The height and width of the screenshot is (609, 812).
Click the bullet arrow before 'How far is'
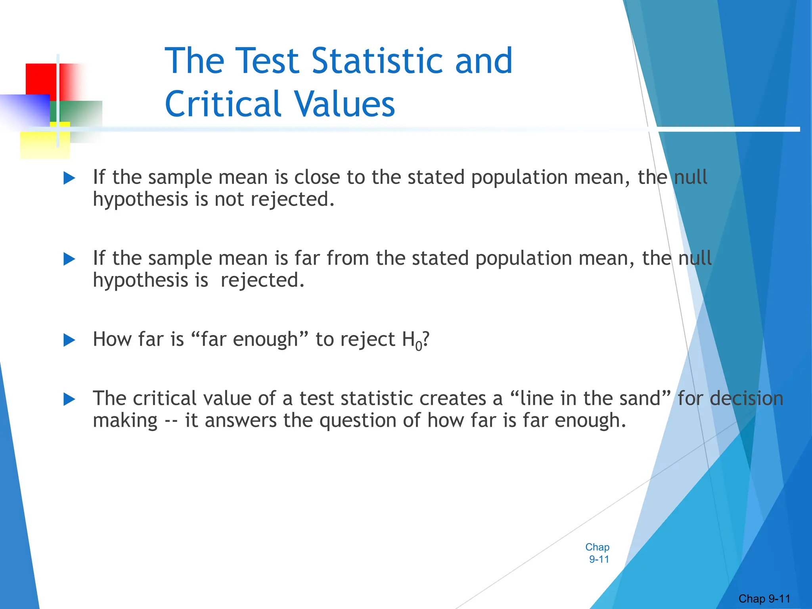[x=69, y=340]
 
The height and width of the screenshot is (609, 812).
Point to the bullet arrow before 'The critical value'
[x=69, y=399]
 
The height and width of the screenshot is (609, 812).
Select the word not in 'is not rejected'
[x=229, y=199]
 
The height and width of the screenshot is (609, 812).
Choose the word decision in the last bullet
[x=746, y=398]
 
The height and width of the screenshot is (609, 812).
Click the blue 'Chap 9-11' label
[x=598, y=553]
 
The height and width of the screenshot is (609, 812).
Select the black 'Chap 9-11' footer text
[x=764, y=599]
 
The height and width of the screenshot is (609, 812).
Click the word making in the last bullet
[x=125, y=420]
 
